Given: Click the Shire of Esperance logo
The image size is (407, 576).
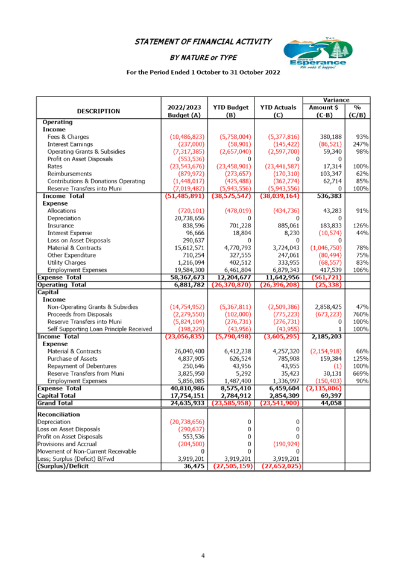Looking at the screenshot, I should pos(315,55).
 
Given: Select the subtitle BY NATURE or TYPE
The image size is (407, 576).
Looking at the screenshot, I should pos(203,57).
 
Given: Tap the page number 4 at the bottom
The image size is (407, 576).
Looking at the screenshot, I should pos(203,555).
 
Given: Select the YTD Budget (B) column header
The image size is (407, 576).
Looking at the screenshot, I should pos(230,110).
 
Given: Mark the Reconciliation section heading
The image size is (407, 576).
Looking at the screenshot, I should pos(58,414).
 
